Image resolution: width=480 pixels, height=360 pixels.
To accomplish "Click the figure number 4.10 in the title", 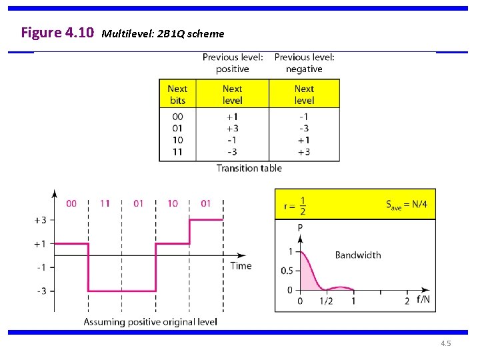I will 81,32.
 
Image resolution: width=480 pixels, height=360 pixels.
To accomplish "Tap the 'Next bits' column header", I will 177,94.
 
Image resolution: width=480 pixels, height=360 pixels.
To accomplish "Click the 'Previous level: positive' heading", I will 233,63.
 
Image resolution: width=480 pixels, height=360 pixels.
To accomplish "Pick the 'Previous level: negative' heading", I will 304,63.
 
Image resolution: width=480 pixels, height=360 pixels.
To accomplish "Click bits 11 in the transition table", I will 177,152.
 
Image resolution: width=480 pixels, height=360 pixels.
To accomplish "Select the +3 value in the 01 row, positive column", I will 232,128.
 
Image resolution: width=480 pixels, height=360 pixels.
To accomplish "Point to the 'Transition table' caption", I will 249,168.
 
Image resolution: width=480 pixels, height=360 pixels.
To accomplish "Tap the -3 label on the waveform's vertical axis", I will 40,291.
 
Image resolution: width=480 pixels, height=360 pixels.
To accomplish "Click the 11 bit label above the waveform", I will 105,203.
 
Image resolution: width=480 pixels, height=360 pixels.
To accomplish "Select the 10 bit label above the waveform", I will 173,203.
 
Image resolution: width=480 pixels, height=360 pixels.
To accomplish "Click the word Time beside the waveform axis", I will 241,265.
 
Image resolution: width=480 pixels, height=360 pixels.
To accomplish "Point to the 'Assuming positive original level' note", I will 150,322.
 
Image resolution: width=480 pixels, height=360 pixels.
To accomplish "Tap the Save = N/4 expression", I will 406,205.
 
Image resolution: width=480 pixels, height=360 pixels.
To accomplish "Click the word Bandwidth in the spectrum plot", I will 358,255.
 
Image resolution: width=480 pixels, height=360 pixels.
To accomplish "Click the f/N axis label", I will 423,299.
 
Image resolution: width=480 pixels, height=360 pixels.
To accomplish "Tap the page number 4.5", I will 445,343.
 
